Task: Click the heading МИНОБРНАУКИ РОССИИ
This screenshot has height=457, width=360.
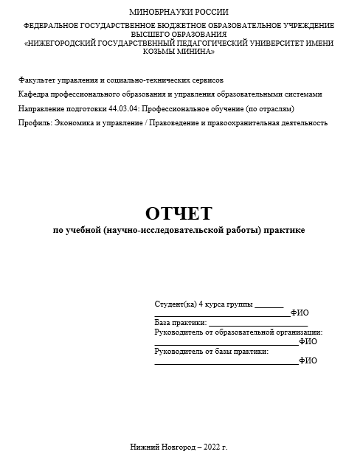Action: (179, 12)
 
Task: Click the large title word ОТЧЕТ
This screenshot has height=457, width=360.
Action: (179, 213)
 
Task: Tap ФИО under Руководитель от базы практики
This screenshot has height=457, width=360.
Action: (308, 361)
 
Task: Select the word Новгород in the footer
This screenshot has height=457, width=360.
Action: (176, 447)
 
